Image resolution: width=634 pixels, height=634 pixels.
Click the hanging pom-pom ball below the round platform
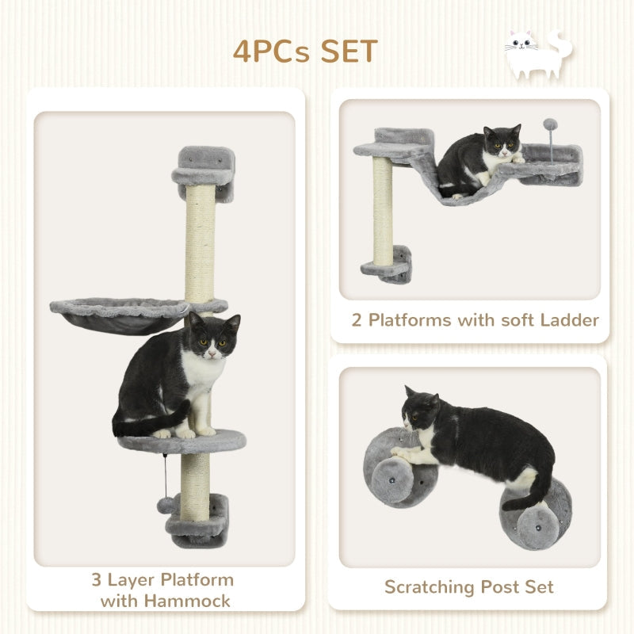(x=164, y=504)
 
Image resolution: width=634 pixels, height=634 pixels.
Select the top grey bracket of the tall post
(x=204, y=168)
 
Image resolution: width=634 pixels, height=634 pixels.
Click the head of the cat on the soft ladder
(x=504, y=141)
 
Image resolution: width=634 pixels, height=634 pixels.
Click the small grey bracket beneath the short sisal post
(x=388, y=267)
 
